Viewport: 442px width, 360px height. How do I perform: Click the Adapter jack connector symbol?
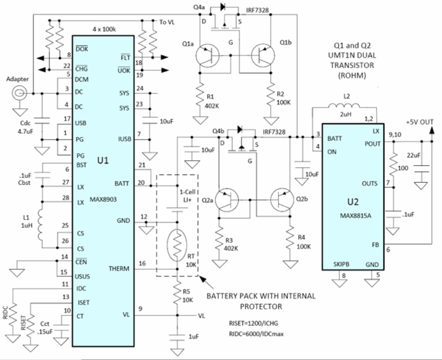tap(19, 93)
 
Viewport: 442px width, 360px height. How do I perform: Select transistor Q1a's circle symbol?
tap(208, 56)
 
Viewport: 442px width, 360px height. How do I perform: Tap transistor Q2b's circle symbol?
tap(282, 200)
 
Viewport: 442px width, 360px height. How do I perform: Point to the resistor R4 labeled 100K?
tap(290, 238)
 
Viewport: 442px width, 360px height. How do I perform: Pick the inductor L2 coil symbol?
tap(344, 106)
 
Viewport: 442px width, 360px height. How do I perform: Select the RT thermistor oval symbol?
tap(177, 244)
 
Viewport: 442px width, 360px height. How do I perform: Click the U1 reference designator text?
tap(103, 161)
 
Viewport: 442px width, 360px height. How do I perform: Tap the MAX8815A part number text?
tap(355, 216)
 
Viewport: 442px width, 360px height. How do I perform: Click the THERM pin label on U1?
tap(119, 269)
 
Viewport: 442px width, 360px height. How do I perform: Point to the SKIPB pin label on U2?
tap(341, 264)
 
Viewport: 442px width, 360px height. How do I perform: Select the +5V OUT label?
tap(419, 122)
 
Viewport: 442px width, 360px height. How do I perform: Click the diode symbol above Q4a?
tap(223, 7)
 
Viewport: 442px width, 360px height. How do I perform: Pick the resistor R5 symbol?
tap(177, 293)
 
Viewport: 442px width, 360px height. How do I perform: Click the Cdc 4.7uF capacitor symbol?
tap(43, 121)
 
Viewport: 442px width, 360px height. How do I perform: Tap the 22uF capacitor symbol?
tap(422, 168)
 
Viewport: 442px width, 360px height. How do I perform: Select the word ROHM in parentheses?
tap(352, 76)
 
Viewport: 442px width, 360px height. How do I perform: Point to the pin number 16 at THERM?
tap(142, 263)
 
